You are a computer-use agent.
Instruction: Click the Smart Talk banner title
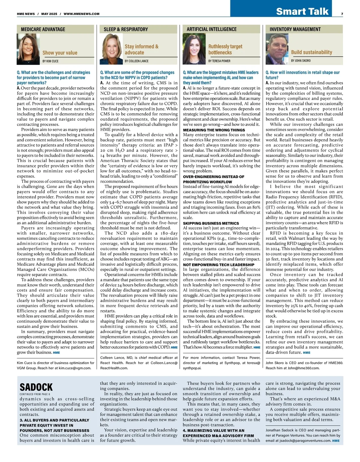302,11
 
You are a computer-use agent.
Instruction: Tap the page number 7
342,14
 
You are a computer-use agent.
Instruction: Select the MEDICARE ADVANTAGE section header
43,29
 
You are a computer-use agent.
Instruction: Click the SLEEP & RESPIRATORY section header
126,29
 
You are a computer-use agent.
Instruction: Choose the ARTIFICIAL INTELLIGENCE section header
211,29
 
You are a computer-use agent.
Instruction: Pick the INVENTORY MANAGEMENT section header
295,29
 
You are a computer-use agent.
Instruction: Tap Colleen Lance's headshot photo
112,49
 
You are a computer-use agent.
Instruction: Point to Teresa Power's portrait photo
194,49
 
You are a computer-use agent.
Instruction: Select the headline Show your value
60,53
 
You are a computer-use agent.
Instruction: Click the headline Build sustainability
311,52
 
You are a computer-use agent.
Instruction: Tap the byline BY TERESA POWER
219,61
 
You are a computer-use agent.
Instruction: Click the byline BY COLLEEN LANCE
136,61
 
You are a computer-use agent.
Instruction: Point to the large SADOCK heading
36,387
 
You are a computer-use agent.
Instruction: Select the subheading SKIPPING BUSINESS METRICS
211,223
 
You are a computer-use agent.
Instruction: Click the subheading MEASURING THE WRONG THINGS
214,130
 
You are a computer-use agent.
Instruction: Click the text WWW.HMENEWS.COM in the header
82,14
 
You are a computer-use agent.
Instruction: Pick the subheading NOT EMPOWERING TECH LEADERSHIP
218,265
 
